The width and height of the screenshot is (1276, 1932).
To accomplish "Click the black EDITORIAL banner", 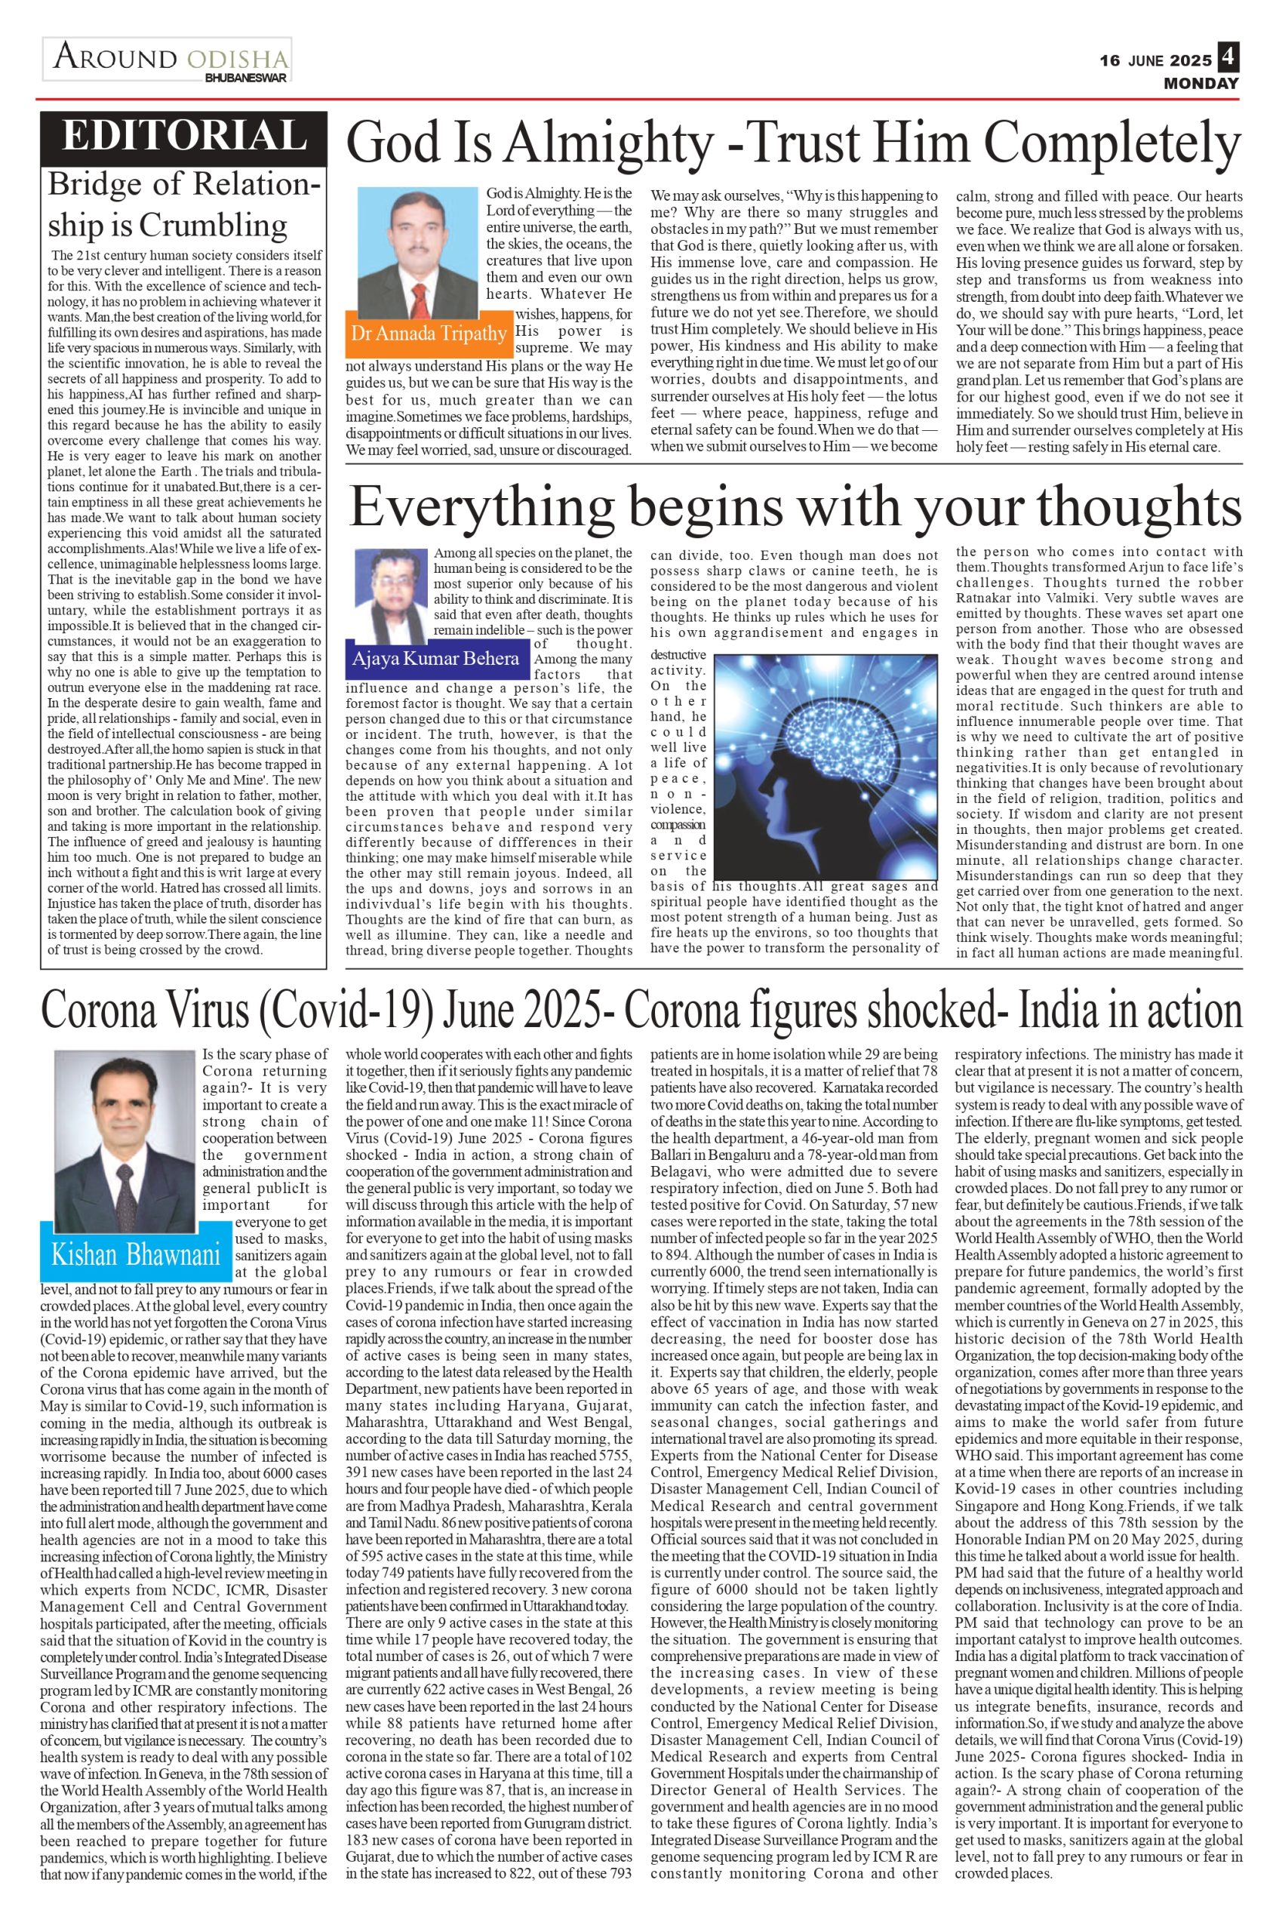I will pos(184,135).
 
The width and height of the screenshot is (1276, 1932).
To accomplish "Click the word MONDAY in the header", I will pos(1201,83).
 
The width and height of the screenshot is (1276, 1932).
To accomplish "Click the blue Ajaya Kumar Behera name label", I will pos(435,657).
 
